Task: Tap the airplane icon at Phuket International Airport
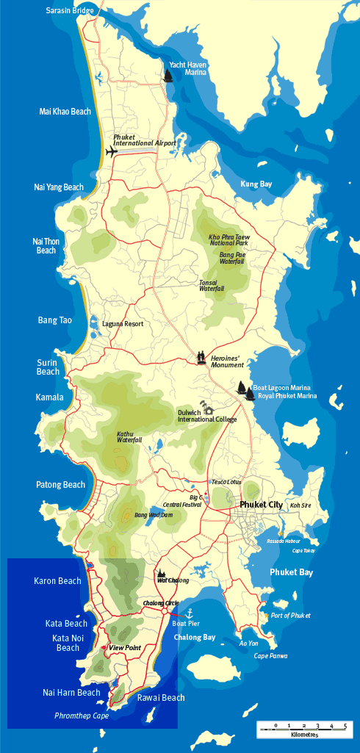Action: [x=112, y=152]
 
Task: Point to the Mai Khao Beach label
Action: [x=65, y=112]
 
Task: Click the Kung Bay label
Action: [x=256, y=184]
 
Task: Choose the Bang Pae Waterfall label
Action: [x=231, y=258]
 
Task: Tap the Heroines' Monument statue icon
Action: [x=201, y=358]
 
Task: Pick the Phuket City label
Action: [x=265, y=505]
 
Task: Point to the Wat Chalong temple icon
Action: [x=161, y=573]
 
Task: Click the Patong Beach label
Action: [x=60, y=485]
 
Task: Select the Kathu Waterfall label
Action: [x=129, y=437]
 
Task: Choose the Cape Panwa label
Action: [x=270, y=656]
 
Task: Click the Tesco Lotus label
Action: [x=226, y=482]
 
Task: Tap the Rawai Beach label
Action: [x=161, y=698]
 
